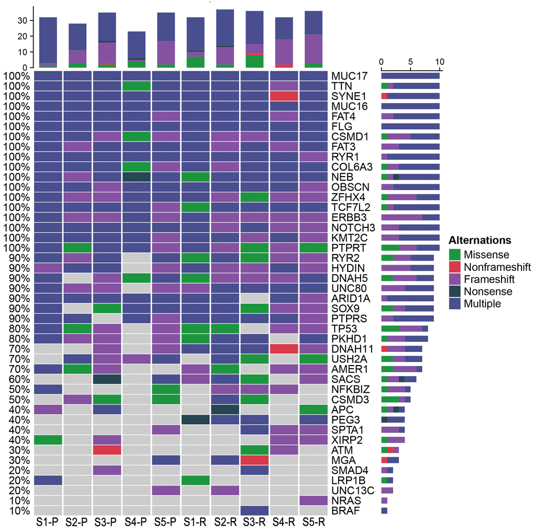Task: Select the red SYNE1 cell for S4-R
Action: (284, 96)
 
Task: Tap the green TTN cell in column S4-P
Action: (137, 86)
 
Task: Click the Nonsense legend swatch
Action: (455, 292)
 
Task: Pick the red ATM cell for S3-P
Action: (107, 450)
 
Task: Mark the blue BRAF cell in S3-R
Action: (254, 511)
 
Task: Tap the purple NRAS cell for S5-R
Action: (314, 500)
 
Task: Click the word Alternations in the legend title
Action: (480, 241)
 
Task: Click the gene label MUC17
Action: (346, 76)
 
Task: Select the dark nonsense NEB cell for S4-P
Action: (137, 177)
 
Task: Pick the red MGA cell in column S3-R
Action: (254, 460)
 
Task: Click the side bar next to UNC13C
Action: (387, 490)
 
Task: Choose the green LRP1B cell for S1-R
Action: (196, 480)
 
